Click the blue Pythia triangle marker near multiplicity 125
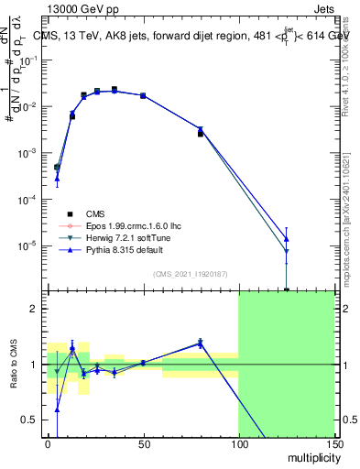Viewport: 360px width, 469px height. pyautogui.click(x=287, y=240)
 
